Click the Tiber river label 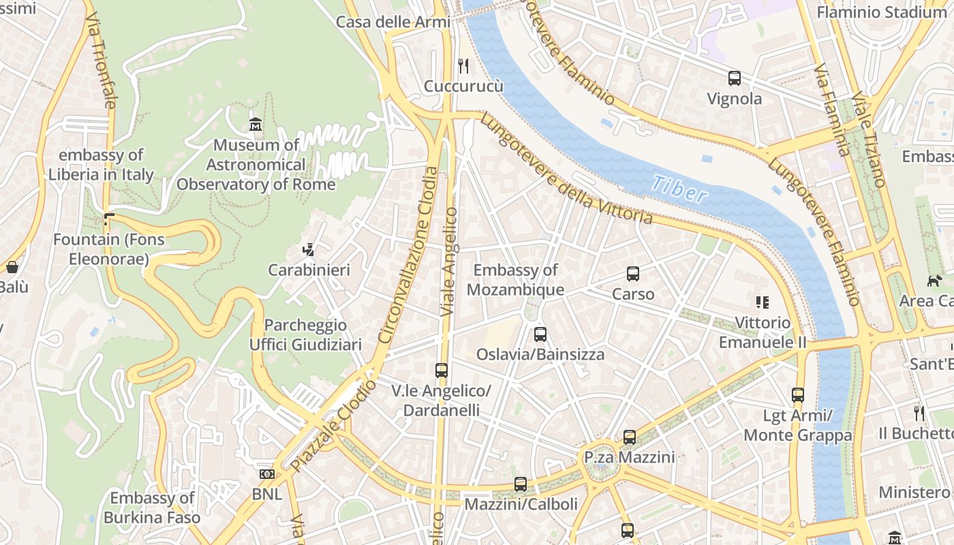coord(679,190)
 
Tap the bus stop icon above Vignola coord(734,78)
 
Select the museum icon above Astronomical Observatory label coord(256,124)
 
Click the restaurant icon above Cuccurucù coord(463,65)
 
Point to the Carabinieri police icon coord(309,250)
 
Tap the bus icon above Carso coord(633,274)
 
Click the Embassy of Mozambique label coord(516,280)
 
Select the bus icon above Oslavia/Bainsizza coord(540,334)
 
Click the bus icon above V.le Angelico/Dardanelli coord(442,371)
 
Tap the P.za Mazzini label coord(630,457)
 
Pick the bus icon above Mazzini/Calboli coord(521,484)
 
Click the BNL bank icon coord(266,473)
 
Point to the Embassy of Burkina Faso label coord(152,508)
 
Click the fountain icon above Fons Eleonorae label coord(108,219)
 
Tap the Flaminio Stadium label coord(881,12)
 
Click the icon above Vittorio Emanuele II coord(763,302)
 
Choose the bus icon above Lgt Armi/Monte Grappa coord(797,394)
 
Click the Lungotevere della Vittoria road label coord(566,170)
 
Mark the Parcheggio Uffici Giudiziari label coord(305,334)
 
